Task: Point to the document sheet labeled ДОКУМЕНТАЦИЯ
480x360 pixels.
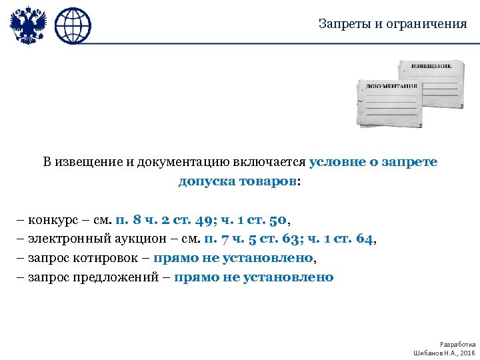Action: pyautogui.click(x=389, y=103)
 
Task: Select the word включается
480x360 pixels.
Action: pyautogui.click(x=269, y=162)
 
